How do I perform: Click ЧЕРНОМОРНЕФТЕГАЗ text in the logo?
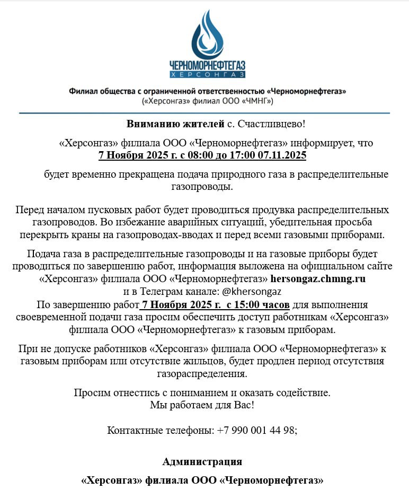tap(207, 65)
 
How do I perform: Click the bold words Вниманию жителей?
tap(175, 125)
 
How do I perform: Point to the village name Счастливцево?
tap(271, 125)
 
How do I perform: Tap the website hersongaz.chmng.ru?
tap(318, 278)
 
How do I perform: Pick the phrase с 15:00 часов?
tap(257, 304)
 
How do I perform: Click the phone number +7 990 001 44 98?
tap(256, 430)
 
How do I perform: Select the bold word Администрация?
tap(202, 461)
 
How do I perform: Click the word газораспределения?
tap(201, 374)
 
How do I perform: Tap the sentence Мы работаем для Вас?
tap(201, 406)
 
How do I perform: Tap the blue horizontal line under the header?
tap(204, 113)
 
